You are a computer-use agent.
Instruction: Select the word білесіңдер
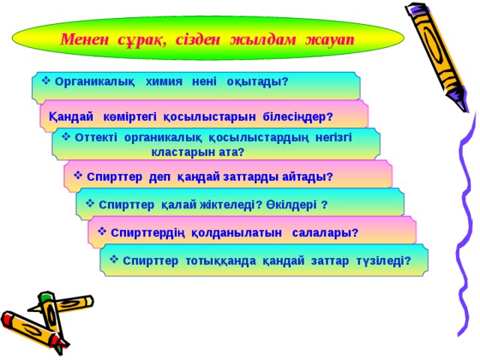[x=297, y=118]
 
